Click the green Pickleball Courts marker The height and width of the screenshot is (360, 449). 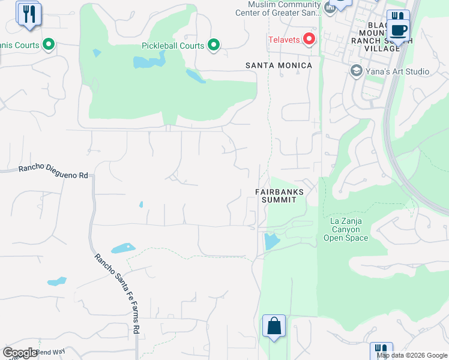point(213,45)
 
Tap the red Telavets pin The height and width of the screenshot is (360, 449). point(309,40)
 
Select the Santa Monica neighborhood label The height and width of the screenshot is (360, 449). point(279,65)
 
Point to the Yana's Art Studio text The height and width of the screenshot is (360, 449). point(398,71)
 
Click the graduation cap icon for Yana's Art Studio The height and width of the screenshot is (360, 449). point(356,71)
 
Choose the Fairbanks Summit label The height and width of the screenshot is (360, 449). point(279,196)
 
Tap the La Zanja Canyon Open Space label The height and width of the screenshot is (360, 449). point(346,229)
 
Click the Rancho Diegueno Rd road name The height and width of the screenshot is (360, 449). point(53,172)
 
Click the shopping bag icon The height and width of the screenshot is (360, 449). point(274,326)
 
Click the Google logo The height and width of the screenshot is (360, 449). point(20,352)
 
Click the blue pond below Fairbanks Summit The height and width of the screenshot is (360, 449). point(271,241)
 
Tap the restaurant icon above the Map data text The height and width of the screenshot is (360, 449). point(381,350)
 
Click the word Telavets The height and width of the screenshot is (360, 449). point(285,40)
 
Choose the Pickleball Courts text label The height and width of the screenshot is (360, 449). point(173,46)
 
